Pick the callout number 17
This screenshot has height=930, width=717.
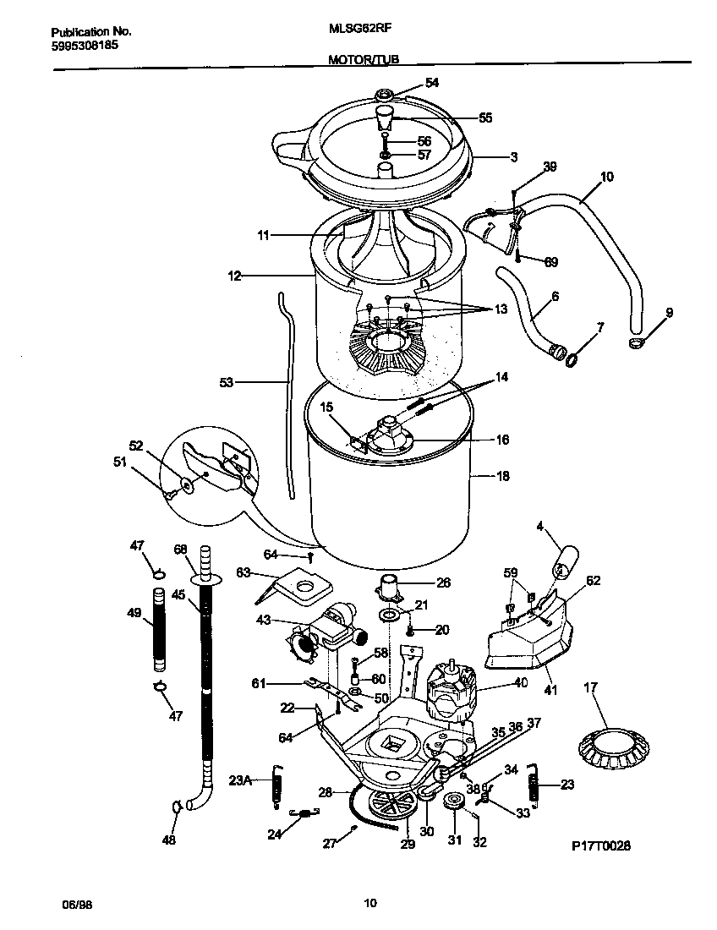589,687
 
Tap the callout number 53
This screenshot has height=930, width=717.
226,382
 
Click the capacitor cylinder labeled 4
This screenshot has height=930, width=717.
566,561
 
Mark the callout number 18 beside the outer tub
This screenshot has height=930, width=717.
502,477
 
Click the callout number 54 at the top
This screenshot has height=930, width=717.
432,83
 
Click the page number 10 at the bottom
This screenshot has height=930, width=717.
369,904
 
